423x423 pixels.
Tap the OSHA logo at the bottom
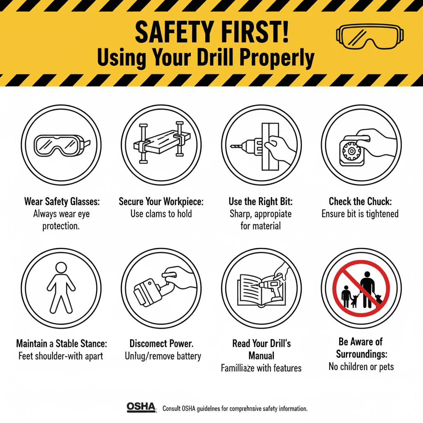(x=141, y=407)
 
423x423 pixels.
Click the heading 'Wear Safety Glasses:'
(x=62, y=202)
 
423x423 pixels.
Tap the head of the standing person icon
(x=61, y=268)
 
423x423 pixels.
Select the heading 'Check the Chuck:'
(x=359, y=202)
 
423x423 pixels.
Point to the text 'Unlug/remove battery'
(x=163, y=356)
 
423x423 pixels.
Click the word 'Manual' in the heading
(x=261, y=355)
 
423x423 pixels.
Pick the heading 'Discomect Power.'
(x=162, y=344)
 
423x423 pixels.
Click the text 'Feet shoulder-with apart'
(x=61, y=356)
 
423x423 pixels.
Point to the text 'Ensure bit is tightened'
(x=360, y=214)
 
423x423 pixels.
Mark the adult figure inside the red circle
(x=367, y=289)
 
